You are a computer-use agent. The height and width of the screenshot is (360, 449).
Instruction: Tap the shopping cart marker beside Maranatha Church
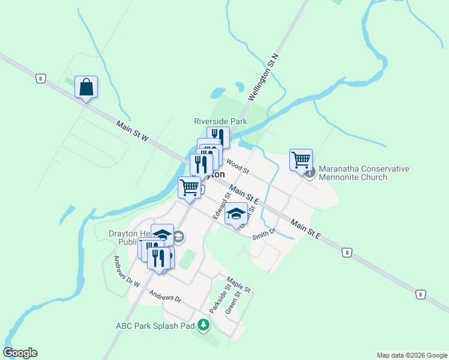point(301,160)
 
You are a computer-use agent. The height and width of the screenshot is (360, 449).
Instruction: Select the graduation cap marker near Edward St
point(237,213)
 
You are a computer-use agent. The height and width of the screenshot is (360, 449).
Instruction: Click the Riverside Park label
point(221,121)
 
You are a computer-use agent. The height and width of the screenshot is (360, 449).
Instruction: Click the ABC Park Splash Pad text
point(155,326)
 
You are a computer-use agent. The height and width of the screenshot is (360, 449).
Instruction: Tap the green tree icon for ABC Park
point(204,325)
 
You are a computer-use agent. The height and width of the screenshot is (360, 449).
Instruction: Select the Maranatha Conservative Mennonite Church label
point(364,173)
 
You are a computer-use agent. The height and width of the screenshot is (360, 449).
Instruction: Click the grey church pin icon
point(310,173)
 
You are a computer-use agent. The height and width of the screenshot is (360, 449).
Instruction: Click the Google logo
point(20,353)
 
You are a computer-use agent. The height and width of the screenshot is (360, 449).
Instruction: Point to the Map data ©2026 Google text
point(411,355)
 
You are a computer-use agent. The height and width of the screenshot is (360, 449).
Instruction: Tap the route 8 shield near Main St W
point(40,78)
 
